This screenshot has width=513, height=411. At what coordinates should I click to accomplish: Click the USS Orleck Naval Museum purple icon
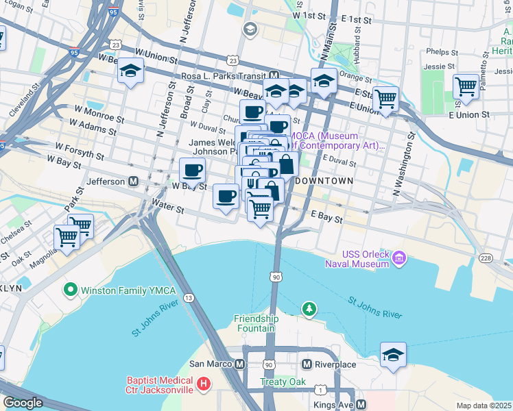pyautogui.click(x=399, y=259)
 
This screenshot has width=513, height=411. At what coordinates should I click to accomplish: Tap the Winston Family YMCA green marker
pyautogui.click(x=70, y=290)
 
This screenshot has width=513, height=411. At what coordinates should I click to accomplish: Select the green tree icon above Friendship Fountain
pyautogui.click(x=310, y=310)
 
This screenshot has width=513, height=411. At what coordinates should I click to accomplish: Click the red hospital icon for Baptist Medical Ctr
pyautogui.click(x=203, y=386)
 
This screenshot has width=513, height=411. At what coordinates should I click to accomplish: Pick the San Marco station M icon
pyautogui.click(x=239, y=364)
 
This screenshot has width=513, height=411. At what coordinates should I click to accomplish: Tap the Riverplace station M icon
pyautogui.click(x=307, y=364)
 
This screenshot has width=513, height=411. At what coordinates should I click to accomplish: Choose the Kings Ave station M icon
pyautogui.click(x=360, y=405)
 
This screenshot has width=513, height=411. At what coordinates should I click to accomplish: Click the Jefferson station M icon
pyautogui.click(x=133, y=182)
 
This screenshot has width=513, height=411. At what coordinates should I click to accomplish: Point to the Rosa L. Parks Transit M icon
pyautogui.click(x=274, y=76)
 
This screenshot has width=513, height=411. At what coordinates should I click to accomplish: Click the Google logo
pyautogui.click(x=22, y=403)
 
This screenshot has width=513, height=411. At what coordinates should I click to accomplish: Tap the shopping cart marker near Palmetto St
pyautogui.click(x=466, y=86)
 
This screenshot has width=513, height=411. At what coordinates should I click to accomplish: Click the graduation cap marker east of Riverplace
pyautogui.click(x=394, y=354)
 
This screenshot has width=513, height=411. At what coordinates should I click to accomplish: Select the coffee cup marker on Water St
pyautogui.click(x=226, y=197)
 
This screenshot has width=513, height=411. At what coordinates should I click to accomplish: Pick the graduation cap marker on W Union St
pyautogui.click(x=130, y=71)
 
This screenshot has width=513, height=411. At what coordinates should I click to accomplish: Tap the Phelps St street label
pyautogui.click(x=441, y=51)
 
